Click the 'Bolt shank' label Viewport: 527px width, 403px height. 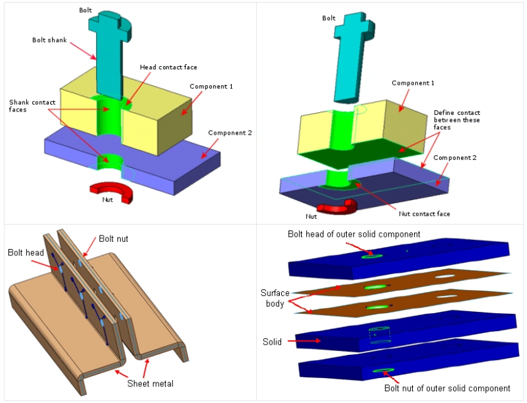point(49,40)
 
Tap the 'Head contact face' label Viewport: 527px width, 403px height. point(168,67)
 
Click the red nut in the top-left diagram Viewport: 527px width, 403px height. point(110,191)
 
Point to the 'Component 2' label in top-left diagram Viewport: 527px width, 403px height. point(230,133)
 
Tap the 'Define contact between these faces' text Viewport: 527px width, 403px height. point(456,120)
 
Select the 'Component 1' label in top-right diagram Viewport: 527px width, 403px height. point(413,83)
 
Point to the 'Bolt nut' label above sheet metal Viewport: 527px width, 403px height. point(114,239)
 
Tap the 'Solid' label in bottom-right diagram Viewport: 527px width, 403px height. point(272,342)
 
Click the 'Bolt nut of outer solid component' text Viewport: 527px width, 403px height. point(447,388)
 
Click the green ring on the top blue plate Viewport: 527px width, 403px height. point(371,256)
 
